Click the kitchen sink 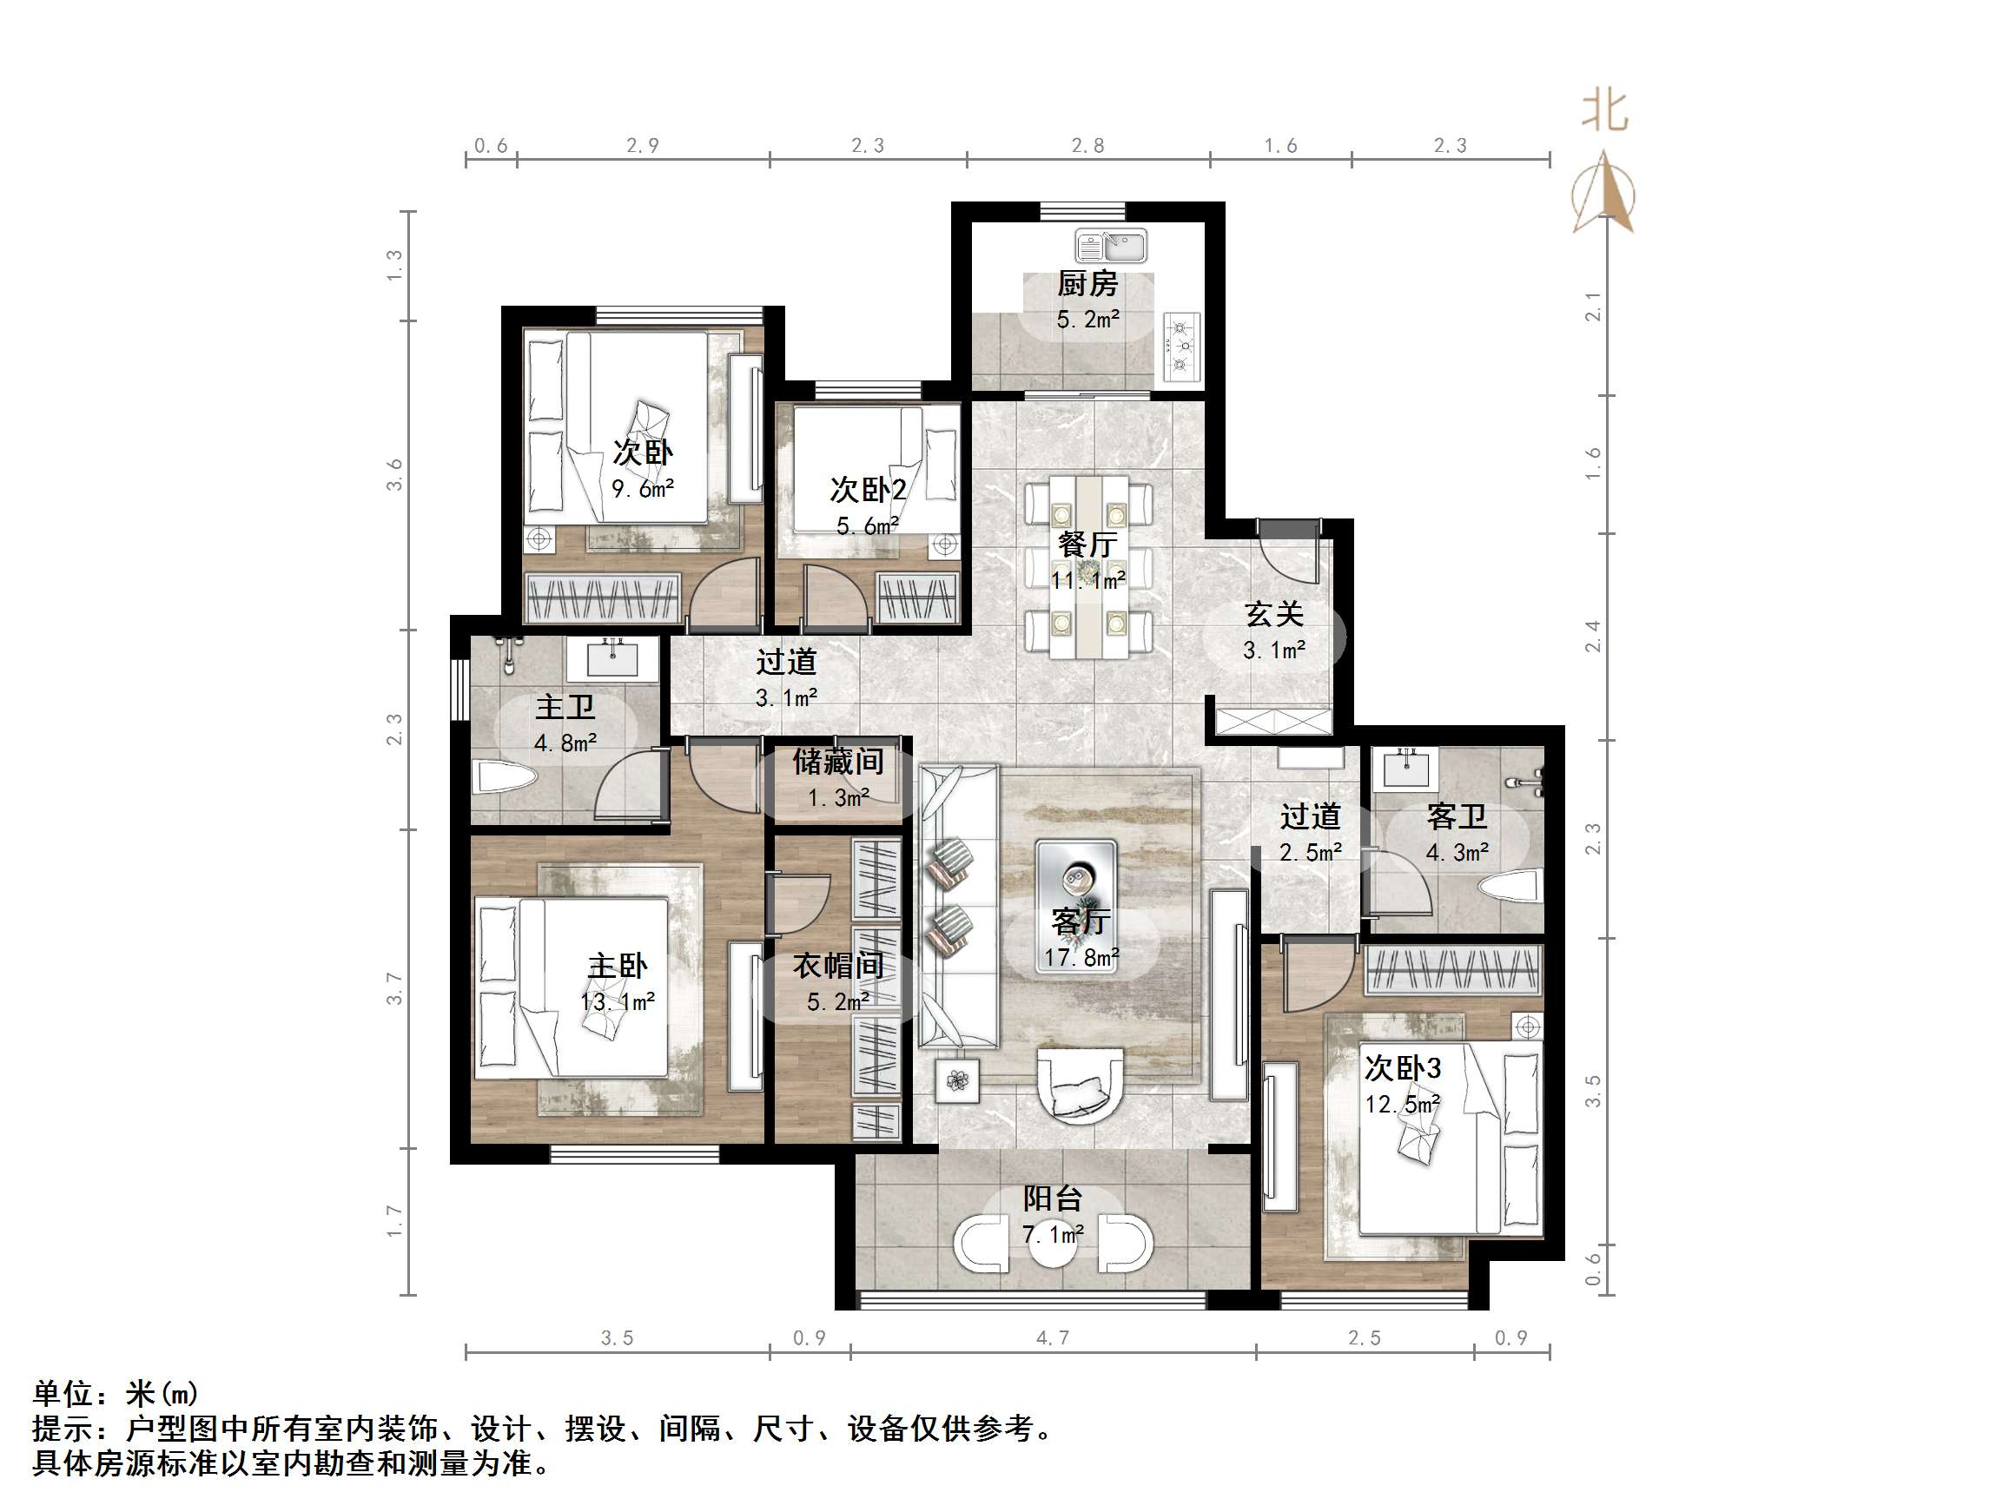click(1110, 246)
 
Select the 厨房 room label click(1087, 284)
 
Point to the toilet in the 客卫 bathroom click(1509, 886)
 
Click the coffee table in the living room click(1076, 881)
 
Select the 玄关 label click(1274, 614)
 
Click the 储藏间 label click(837, 762)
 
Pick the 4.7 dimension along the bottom click(1053, 1338)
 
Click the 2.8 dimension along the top click(1087, 146)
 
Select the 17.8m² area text click(1081, 958)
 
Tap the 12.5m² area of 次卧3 click(1402, 1105)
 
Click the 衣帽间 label click(837, 966)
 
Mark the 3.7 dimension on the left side click(393, 988)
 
